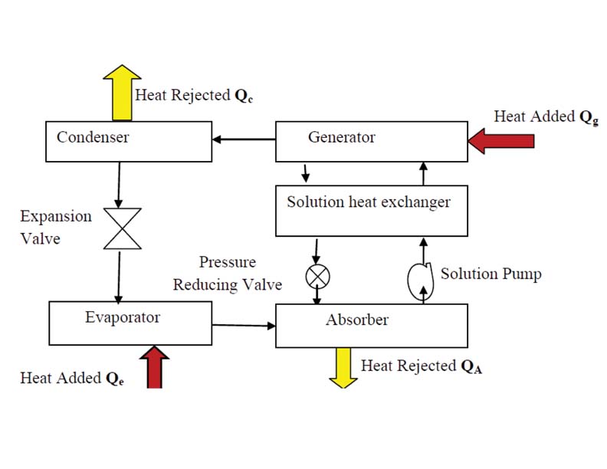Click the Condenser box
click(129, 141)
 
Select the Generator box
click(371, 141)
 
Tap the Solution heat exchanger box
click(371, 210)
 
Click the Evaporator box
click(130, 322)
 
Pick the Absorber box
click(371, 325)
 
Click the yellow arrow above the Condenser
click(123, 92)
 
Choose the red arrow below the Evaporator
click(155, 366)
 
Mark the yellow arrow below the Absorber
click(340, 366)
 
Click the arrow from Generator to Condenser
click(244, 139)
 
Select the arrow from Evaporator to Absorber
click(244, 326)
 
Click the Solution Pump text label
click(491, 274)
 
